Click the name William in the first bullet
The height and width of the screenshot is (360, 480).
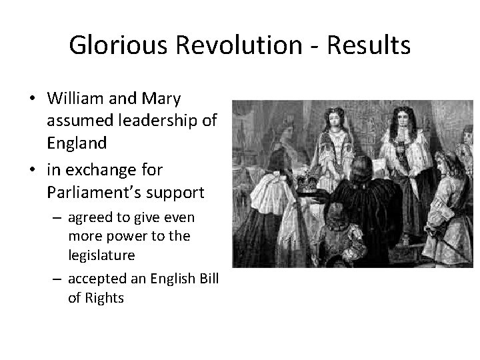click(75, 99)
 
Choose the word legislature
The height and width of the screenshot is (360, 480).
click(101, 255)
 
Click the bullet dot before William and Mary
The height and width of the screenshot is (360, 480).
click(31, 99)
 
